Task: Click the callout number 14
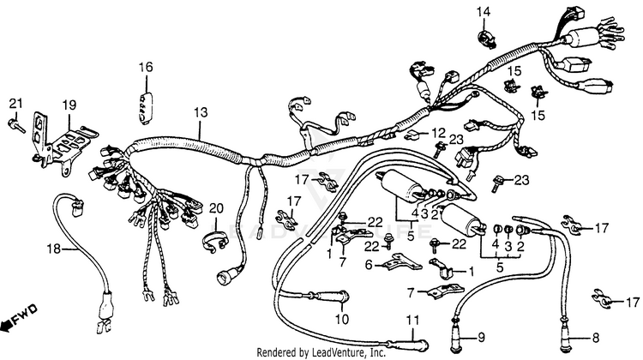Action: (x=484, y=11)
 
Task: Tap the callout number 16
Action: (x=146, y=67)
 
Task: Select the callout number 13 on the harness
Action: (x=201, y=112)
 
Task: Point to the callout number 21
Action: (x=15, y=105)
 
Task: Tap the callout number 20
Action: (x=216, y=207)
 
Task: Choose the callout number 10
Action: (x=342, y=319)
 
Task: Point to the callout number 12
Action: (x=438, y=132)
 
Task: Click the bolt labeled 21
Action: (x=17, y=125)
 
